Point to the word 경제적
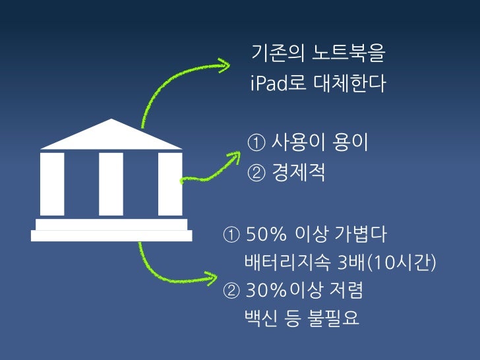(299, 174)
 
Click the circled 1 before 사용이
(256, 142)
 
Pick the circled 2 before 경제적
(256, 174)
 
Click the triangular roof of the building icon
(111, 135)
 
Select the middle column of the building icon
(111, 184)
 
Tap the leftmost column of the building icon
(52, 184)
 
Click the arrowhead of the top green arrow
(225, 65)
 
